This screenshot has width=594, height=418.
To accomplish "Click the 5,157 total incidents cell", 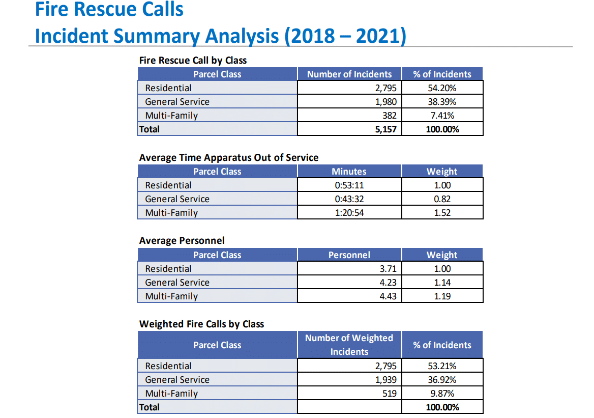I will (x=385, y=129).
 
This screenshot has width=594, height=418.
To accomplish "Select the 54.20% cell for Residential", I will (x=442, y=88).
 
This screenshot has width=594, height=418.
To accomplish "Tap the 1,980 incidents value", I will (x=385, y=102).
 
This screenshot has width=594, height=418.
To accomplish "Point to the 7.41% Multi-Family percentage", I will (x=442, y=116).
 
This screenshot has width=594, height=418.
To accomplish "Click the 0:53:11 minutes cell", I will (x=349, y=185).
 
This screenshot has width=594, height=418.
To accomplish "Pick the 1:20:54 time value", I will (x=349, y=213).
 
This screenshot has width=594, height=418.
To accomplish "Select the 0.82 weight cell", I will (x=442, y=199).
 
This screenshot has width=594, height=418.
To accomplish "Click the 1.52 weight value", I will (x=442, y=213).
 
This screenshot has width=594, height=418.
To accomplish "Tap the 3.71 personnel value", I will (x=388, y=269).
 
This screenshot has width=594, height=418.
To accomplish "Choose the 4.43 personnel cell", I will (x=388, y=296).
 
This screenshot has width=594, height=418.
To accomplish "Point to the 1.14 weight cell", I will (x=442, y=283).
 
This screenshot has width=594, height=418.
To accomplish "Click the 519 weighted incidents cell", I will (x=389, y=394).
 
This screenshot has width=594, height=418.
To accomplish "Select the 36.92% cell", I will (x=442, y=380).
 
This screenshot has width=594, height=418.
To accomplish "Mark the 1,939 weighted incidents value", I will (x=385, y=380).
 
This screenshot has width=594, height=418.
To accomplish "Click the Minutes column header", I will (x=349, y=172).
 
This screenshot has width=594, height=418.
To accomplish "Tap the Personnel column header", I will (x=349, y=255).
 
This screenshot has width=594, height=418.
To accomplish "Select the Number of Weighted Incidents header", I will (x=349, y=345).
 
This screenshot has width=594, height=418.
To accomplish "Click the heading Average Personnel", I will (x=182, y=240).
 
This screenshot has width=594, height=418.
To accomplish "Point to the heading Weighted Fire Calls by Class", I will (x=201, y=324).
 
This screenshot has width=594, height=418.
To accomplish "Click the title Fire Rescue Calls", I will (x=109, y=9).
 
